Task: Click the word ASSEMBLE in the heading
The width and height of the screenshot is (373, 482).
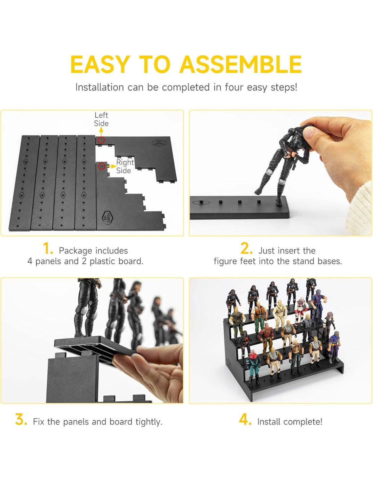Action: (x=241, y=64)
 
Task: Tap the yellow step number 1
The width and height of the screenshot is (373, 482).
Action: (x=48, y=249)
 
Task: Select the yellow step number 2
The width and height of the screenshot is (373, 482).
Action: (x=246, y=249)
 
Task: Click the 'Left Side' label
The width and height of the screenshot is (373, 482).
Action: (x=101, y=119)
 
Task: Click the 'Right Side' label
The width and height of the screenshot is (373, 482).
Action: (x=124, y=166)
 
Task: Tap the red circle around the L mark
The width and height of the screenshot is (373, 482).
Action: (x=101, y=140)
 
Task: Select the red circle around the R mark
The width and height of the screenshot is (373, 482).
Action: (x=102, y=165)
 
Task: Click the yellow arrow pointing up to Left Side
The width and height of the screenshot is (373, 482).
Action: (x=101, y=132)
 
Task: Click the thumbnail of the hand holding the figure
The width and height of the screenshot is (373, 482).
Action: (x=280, y=173)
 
